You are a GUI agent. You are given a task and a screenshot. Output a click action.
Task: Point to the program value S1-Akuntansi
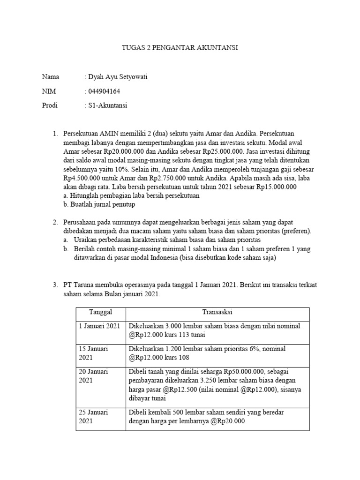click(108, 105)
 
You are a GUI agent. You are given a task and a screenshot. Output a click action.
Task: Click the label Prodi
click(50, 105)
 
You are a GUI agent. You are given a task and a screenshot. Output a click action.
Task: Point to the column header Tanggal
click(100, 312)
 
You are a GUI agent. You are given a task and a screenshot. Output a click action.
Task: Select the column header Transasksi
click(217, 312)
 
